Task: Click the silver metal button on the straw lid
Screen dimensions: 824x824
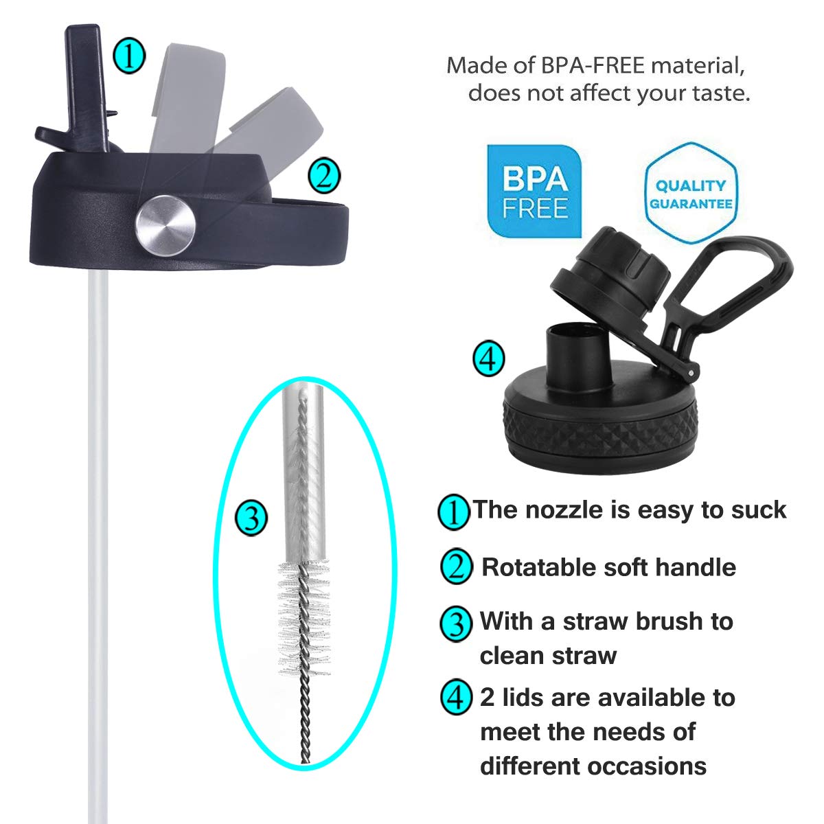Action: pos(165,226)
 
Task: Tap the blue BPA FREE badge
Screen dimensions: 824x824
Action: pos(534,191)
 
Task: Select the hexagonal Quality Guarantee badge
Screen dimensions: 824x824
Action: pos(690,194)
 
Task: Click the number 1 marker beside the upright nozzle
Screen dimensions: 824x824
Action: pos(129,56)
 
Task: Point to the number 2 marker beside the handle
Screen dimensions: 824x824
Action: pos(324,176)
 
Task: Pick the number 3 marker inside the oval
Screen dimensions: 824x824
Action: pos(251,518)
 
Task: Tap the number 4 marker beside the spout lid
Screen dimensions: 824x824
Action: pos(489,358)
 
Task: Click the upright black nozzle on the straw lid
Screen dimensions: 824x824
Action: pos(86,86)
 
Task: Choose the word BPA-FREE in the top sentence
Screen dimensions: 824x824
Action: pos(592,65)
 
